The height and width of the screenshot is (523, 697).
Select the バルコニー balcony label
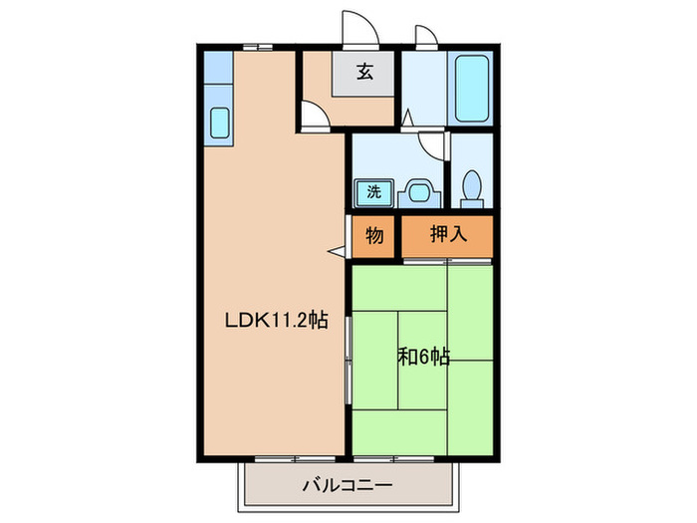click(x=348, y=487)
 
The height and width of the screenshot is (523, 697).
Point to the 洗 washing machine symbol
click(x=374, y=190)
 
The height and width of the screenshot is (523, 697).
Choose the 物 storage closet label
click(x=374, y=236)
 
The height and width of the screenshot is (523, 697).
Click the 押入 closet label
click(x=447, y=236)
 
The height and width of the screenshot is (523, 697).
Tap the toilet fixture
click(x=473, y=186)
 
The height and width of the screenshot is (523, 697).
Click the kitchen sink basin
click(x=218, y=123)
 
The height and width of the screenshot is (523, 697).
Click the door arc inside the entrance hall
click(x=315, y=120)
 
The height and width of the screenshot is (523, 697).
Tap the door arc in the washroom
click(x=431, y=144)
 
